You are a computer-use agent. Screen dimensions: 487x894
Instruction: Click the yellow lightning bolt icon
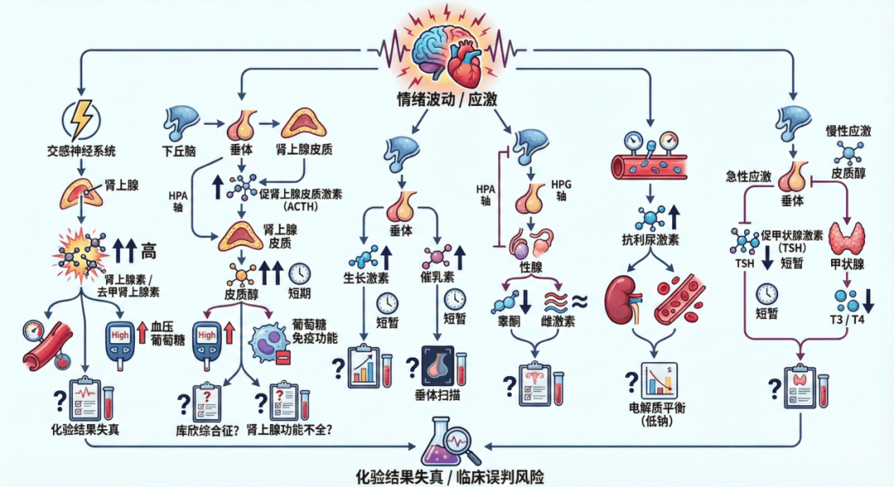tap(83, 118)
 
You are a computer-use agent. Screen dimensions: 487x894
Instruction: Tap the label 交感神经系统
tap(82, 151)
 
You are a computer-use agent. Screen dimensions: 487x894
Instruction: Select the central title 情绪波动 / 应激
tap(447, 101)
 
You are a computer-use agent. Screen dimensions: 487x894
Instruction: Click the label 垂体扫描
tap(437, 395)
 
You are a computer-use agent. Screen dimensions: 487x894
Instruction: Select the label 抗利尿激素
tap(651, 241)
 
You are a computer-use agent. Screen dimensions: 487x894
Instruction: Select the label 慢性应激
tap(848, 131)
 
